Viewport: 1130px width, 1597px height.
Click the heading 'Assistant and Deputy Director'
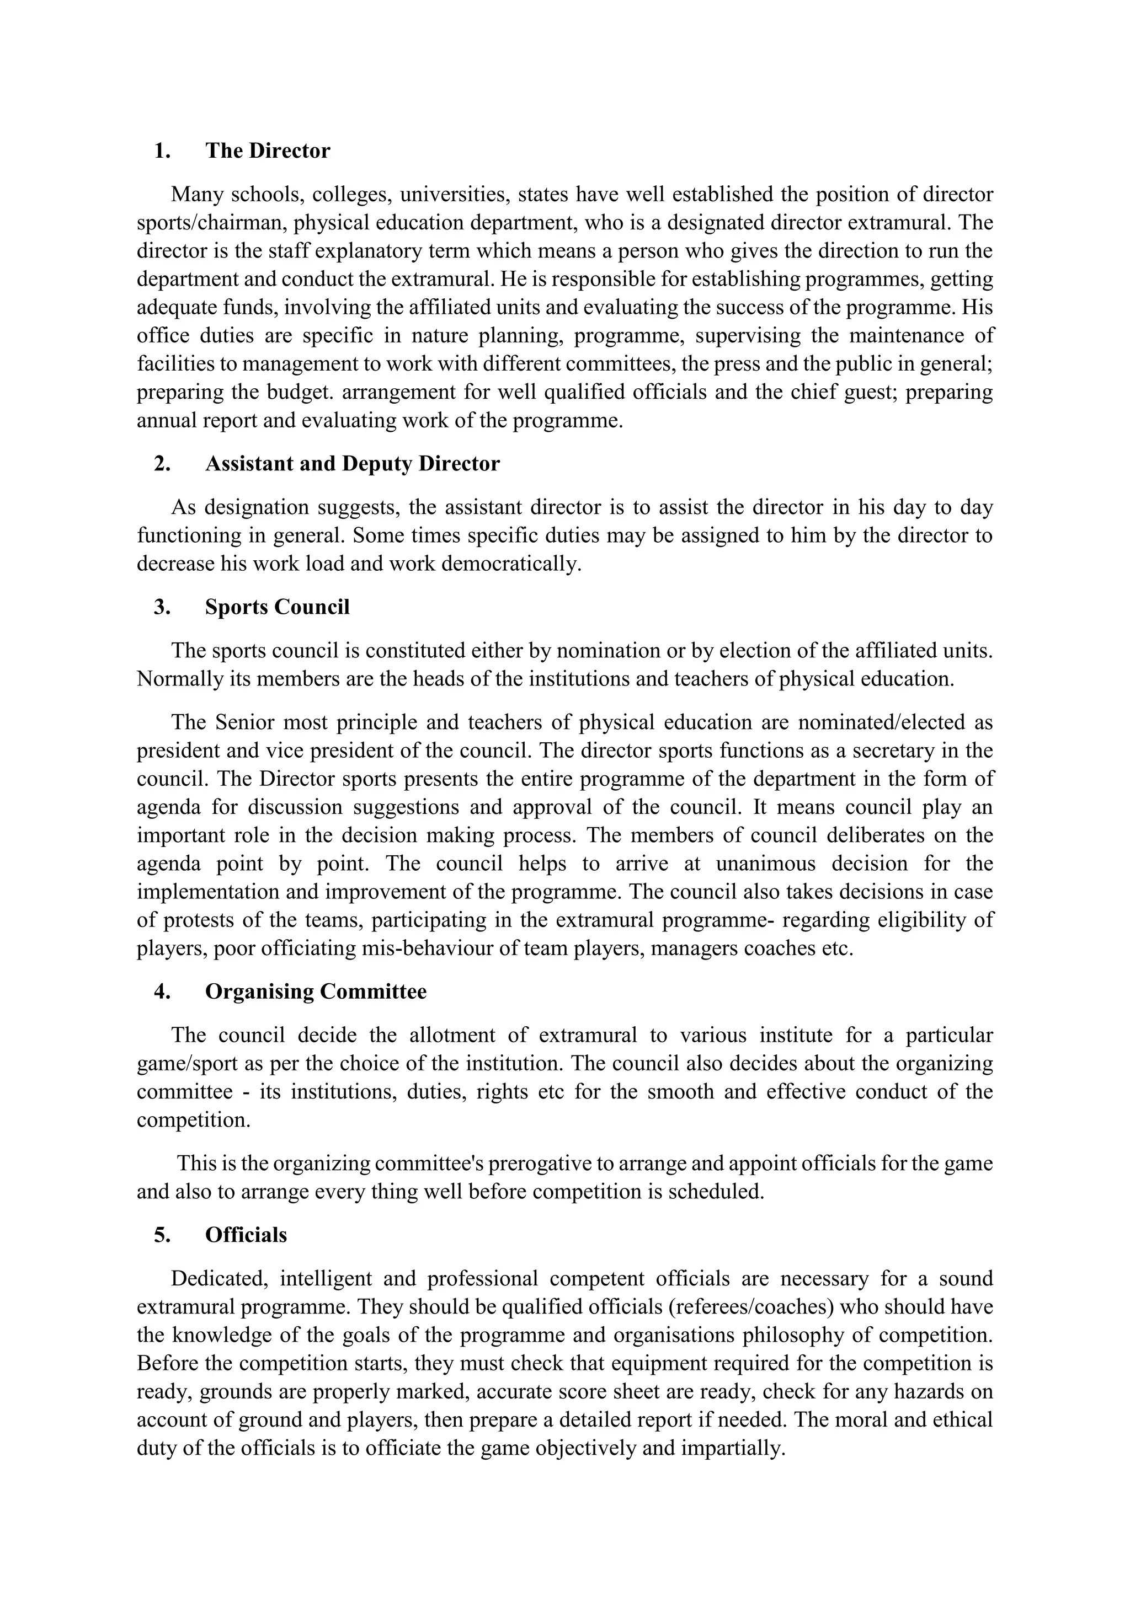coord(352,464)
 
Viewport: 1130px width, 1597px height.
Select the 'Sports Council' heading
coord(277,607)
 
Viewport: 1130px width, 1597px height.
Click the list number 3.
coord(162,607)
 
